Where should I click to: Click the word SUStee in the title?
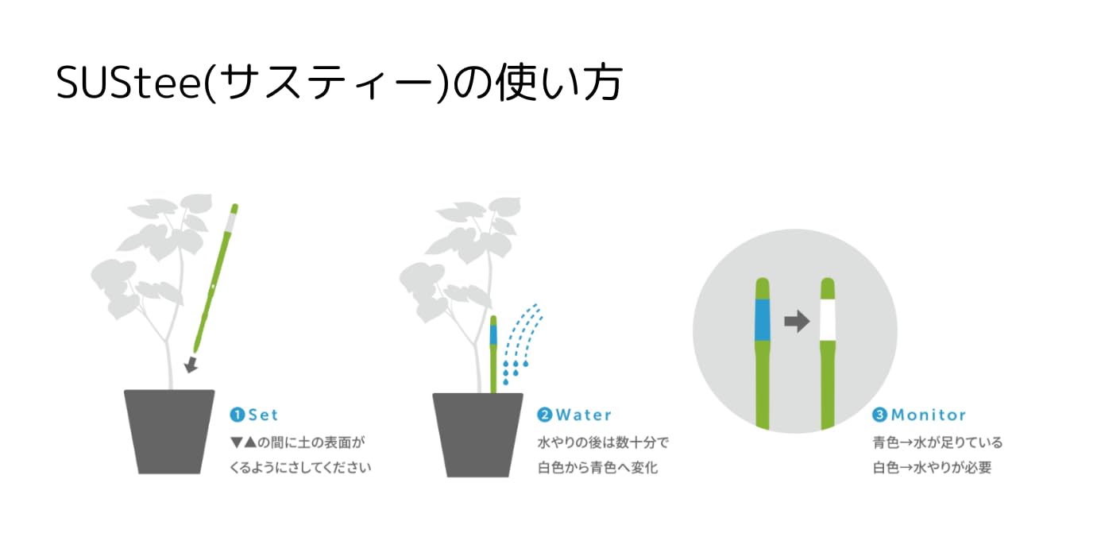[x=129, y=83]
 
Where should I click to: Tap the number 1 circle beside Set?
[x=237, y=415]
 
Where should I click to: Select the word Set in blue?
[x=264, y=415]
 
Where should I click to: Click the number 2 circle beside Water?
[x=545, y=415]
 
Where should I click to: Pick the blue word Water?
[x=584, y=415]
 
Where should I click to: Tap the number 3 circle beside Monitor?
[x=880, y=415]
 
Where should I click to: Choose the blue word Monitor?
[x=929, y=415]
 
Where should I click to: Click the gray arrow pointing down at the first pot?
[x=191, y=365]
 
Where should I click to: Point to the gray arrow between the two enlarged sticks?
[x=797, y=322]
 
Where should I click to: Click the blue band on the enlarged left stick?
[x=763, y=319]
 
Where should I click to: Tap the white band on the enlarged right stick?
[x=828, y=319]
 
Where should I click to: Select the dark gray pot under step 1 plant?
[x=169, y=431]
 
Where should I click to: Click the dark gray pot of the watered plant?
[x=477, y=434]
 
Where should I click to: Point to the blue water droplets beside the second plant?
[x=523, y=344]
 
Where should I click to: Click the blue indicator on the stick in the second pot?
[x=493, y=334]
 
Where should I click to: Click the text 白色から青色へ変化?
[x=597, y=468]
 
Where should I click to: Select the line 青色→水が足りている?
[x=937, y=442]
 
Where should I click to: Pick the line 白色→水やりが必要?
[x=932, y=468]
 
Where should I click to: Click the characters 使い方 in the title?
[x=559, y=83]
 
